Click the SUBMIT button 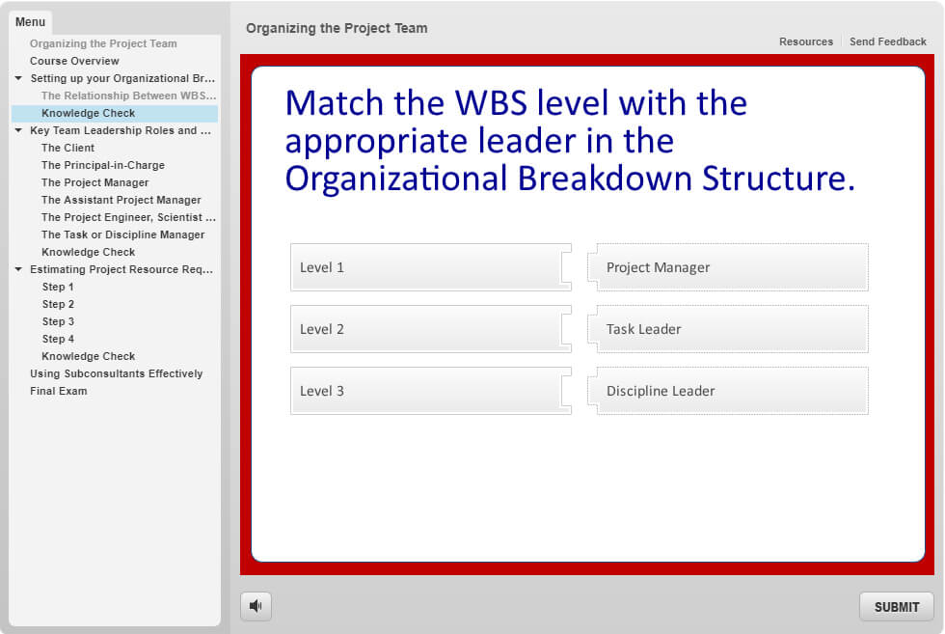[x=896, y=607]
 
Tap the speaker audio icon [x=256, y=606]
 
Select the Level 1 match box [x=430, y=267]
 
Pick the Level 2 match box [x=430, y=329]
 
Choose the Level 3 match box [x=430, y=391]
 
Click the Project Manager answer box [x=729, y=267]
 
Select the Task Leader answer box [x=729, y=329]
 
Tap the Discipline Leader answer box [x=729, y=391]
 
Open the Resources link [x=806, y=41]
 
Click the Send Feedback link [x=888, y=41]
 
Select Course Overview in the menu [x=75, y=61]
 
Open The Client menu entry [x=68, y=148]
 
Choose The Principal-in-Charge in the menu [x=103, y=165]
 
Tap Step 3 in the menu [x=58, y=321]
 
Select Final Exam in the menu [x=59, y=391]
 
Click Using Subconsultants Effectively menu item [x=117, y=373]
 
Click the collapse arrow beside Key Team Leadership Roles [x=18, y=130]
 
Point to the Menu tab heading [x=30, y=22]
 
